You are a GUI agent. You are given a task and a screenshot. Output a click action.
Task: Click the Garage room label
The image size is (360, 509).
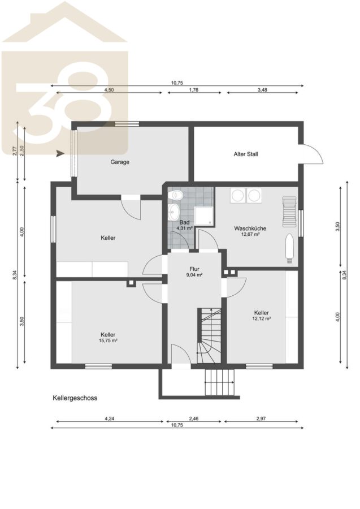pyautogui.click(x=120, y=162)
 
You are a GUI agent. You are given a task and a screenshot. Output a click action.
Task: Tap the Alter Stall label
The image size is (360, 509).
pyautogui.click(x=246, y=154)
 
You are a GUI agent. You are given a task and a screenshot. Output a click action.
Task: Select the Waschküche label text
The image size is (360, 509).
pyautogui.click(x=250, y=228)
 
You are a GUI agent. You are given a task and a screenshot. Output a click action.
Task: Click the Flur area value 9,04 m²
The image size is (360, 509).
pyautogui.click(x=194, y=275)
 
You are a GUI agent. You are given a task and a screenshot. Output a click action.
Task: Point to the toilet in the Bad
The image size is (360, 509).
pyautogui.click(x=176, y=195)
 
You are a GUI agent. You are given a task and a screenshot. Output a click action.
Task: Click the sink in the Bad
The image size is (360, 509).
pyautogui.click(x=174, y=212)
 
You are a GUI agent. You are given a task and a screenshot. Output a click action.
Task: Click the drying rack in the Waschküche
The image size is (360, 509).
pyautogui.click(x=289, y=212)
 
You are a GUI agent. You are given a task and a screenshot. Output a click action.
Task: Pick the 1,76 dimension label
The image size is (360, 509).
pyautogui.click(x=194, y=90)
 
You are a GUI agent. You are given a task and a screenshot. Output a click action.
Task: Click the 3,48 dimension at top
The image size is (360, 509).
pyautogui.click(x=262, y=90)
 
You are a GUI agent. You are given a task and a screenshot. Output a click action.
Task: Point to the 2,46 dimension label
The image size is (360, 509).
pyautogui.click(x=194, y=419)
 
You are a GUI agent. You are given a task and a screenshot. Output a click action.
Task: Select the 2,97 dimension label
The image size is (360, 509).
pyautogui.click(x=261, y=419)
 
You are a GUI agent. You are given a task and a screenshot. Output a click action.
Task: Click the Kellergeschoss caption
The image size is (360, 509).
pyautogui.click(x=75, y=398)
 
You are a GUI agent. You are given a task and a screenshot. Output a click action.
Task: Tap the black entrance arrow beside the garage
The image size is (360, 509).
pyautogui.click(x=60, y=153)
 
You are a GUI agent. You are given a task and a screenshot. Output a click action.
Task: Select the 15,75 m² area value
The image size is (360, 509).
pyautogui.click(x=108, y=340)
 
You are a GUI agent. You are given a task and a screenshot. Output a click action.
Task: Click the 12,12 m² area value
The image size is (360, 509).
pyautogui.click(x=262, y=318)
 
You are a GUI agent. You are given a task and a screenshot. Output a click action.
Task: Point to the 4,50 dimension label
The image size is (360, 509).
pyautogui.click(x=109, y=90)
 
